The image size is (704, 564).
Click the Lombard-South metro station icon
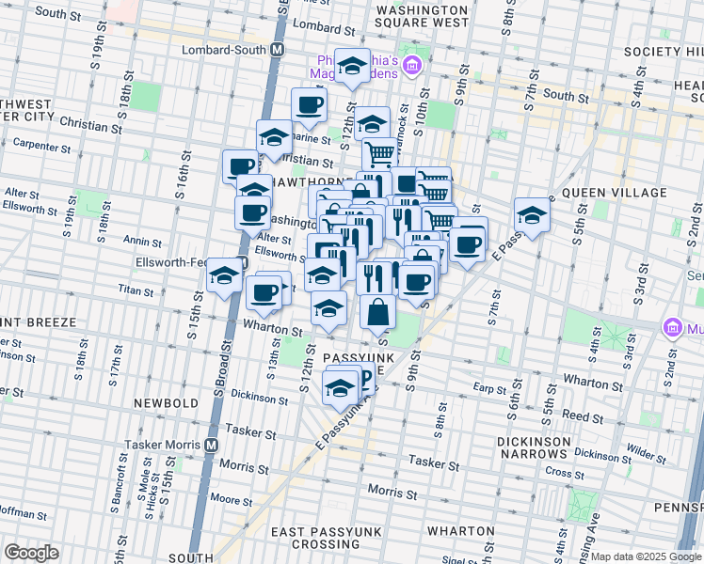278,50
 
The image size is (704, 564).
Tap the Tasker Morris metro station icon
212,444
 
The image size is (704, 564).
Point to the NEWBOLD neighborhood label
166,403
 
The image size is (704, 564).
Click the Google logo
32,552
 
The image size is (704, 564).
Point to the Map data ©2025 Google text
644,556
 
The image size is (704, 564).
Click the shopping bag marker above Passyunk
377,312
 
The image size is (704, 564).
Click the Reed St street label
584,415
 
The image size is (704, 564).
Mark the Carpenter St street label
44,143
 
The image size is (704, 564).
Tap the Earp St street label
489,387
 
